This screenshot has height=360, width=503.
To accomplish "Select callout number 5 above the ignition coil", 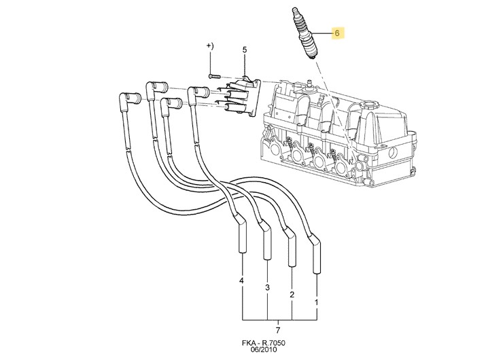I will (245, 50).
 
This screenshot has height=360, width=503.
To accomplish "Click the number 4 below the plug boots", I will (242, 281).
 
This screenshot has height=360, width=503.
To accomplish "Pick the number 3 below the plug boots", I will (267, 288).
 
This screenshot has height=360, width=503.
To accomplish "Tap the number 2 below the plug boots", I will (292, 295).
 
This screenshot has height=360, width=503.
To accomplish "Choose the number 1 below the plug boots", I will (316, 300).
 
